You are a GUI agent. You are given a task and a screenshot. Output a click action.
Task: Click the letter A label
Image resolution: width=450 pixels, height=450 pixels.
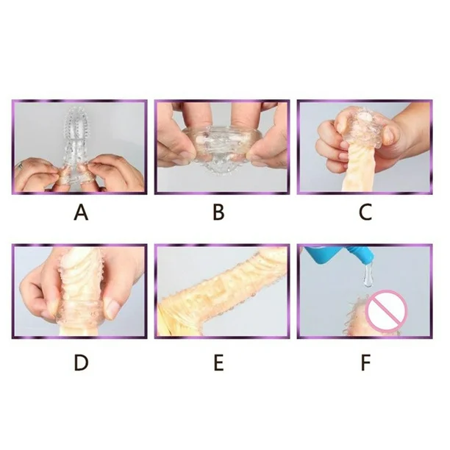pyautogui.click(x=81, y=213)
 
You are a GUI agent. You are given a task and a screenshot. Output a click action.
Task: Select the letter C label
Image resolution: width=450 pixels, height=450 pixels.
pyautogui.click(x=364, y=213)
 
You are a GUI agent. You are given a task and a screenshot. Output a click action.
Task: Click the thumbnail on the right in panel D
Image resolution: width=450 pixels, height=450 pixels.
pyautogui.click(x=112, y=309)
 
